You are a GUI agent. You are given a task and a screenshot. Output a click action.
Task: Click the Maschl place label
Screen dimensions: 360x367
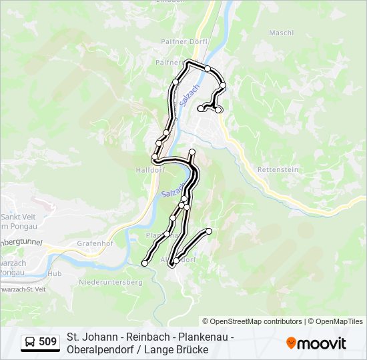(281, 33)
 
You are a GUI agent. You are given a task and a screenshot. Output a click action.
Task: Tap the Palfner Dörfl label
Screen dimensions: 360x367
(189, 41)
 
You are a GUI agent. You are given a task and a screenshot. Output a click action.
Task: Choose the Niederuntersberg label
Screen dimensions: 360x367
(111, 283)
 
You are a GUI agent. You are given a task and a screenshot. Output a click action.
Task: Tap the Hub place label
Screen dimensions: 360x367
(54, 274)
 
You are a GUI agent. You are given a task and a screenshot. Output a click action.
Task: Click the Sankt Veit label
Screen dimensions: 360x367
(19, 216)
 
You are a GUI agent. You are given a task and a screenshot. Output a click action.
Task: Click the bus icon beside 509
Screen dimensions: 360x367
(30, 343)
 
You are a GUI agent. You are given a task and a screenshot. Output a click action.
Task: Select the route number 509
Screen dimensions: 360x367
(48, 343)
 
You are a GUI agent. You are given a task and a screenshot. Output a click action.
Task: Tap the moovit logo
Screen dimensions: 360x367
(316, 343)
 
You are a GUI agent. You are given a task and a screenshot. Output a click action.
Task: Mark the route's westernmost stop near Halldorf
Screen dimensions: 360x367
(155, 157)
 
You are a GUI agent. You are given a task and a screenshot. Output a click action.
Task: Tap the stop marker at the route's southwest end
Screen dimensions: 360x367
(144, 263)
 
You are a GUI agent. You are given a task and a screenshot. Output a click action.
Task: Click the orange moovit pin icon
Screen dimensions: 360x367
(291, 343)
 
